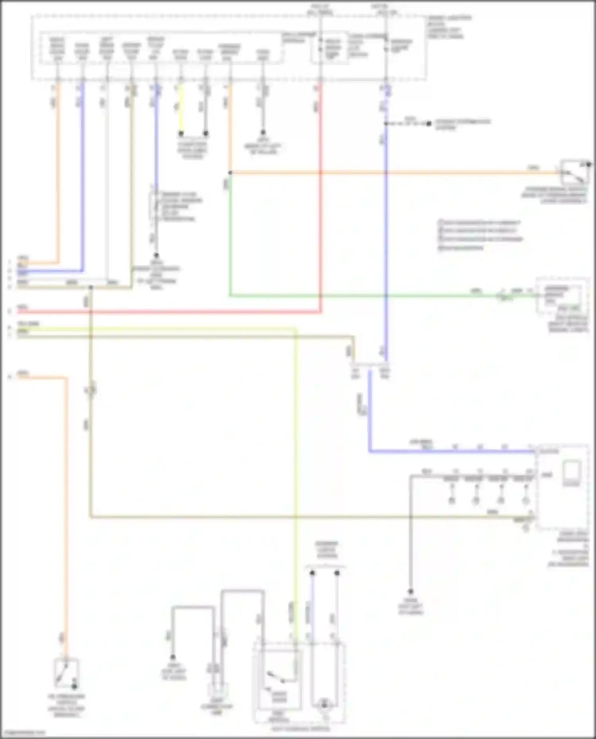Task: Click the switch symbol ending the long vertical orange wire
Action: click(x=66, y=673)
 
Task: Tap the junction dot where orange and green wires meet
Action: click(x=230, y=173)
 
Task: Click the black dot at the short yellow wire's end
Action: click(x=181, y=133)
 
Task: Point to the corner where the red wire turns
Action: click(x=320, y=312)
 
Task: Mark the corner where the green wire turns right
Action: click(x=230, y=295)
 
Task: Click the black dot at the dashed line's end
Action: click(x=429, y=123)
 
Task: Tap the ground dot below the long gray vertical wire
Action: click(x=411, y=592)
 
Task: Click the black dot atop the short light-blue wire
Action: click(x=312, y=573)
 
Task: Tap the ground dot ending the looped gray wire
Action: click(x=173, y=658)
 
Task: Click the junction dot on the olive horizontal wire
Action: click(x=91, y=287)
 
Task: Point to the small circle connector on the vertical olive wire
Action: click(x=91, y=390)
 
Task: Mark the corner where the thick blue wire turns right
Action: click(x=370, y=451)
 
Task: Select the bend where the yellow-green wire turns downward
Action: click(x=295, y=329)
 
